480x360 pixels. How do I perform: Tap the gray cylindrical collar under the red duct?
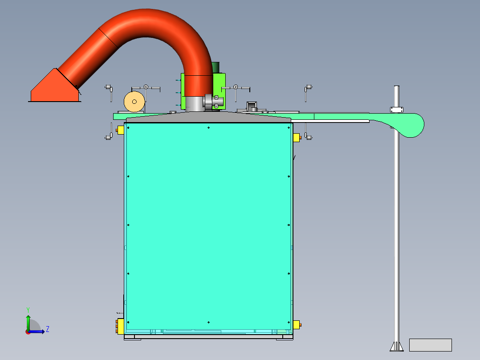click(x=194, y=104)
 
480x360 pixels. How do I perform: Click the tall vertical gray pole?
click(x=396, y=223)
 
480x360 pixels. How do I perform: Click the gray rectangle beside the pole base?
click(x=430, y=345)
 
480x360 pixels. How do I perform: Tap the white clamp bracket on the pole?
click(x=397, y=109)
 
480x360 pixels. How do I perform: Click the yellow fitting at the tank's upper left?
click(x=120, y=130)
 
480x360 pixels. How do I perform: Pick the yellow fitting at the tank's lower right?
click(x=297, y=325)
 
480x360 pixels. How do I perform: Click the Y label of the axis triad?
click(x=28, y=309)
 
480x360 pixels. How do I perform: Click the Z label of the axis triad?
click(x=47, y=329)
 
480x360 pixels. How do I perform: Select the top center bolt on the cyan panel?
click(x=209, y=128)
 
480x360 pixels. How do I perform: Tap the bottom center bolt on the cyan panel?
click(x=208, y=322)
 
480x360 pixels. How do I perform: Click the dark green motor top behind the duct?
click(x=216, y=67)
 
